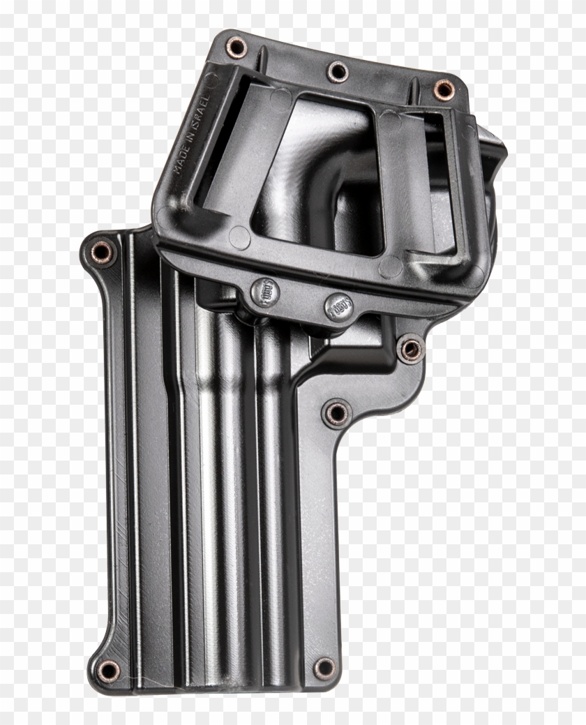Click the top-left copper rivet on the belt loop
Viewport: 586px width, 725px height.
(237, 47)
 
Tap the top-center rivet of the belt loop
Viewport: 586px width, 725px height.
(338, 70)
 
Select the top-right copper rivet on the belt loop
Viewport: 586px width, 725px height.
(443, 89)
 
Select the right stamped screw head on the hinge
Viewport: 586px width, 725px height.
(338, 306)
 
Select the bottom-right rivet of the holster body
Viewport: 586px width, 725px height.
(323, 668)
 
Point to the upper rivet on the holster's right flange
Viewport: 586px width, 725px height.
(410, 349)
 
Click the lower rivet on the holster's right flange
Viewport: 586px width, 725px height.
(337, 412)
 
